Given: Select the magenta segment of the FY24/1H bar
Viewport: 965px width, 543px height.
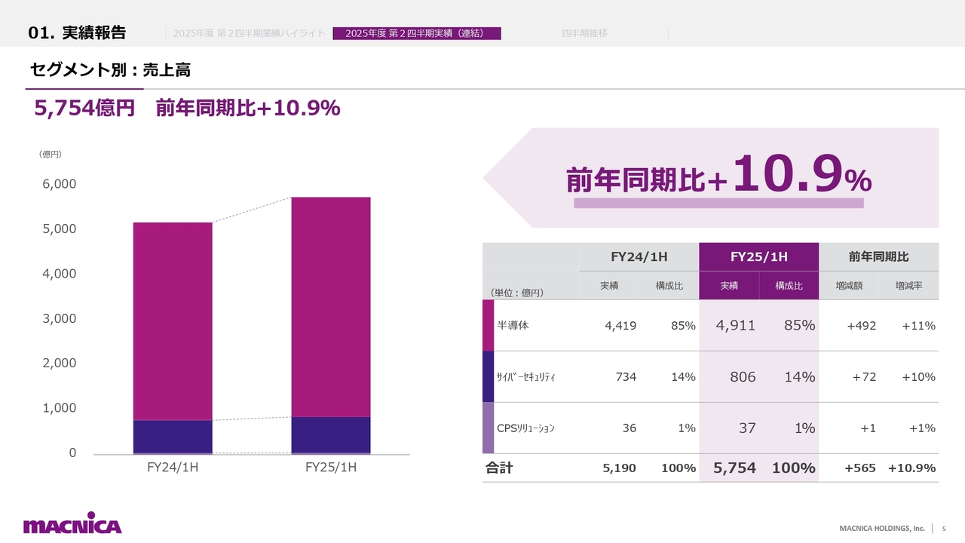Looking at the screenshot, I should (x=173, y=321).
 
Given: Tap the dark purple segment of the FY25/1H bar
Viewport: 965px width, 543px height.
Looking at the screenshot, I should (x=331, y=434).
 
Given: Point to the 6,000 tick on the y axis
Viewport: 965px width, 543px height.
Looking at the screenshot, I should (x=58, y=184).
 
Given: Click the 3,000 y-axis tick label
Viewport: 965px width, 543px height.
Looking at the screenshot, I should (x=58, y=318).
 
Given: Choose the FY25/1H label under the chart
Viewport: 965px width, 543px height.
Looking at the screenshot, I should (x=331, y=468).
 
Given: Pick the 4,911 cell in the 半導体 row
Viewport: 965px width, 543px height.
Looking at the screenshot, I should (x=737, y=325).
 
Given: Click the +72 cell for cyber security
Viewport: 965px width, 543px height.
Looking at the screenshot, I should (x=864, y=376).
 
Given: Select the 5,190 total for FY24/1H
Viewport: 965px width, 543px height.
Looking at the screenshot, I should (x=619, y=468).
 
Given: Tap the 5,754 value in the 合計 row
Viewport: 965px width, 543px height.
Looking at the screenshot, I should (x=734, y=468).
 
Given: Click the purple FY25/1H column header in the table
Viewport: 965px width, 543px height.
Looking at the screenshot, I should (x=758, y=256).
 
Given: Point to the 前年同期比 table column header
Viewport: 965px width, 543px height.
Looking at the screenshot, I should (x=878, y=256).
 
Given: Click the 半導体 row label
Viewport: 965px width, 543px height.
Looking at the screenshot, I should (x=513, y=325).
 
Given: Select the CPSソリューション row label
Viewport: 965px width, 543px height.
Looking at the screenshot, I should (x=525, y=428).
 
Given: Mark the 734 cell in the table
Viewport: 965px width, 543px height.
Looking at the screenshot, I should (x=625, y=376).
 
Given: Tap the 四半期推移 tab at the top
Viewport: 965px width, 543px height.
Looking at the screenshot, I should (x=584, y=33).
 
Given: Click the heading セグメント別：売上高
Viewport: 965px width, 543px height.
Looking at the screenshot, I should (x=110, y=70).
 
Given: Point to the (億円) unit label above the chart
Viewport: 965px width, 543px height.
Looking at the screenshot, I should (x=50, y=154).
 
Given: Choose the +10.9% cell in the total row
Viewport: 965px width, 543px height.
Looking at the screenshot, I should (x=911, y=468).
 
